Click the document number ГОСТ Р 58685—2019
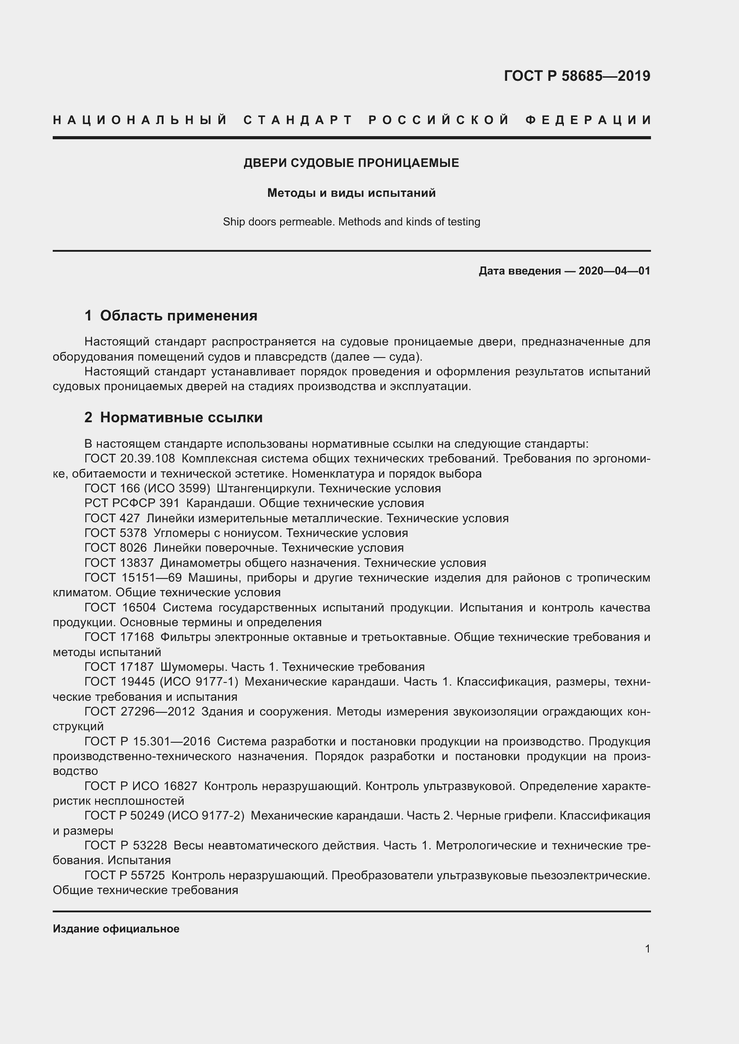[576, 76]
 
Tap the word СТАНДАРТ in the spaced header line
[298, 120]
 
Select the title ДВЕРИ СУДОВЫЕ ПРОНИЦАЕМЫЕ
[351, 163]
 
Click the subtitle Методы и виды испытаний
[351, 193]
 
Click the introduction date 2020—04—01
[614, 271]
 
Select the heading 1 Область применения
[171, 316]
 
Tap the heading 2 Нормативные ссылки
[173, 417]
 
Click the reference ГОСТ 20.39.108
[130, 459]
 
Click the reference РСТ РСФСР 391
[132, 503]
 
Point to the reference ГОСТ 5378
[116, 533]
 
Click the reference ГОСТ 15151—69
[133, 578]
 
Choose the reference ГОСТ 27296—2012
[140, 711]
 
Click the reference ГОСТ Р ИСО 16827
[141, 786]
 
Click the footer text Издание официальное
[116, 929]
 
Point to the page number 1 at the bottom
[647, 949]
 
